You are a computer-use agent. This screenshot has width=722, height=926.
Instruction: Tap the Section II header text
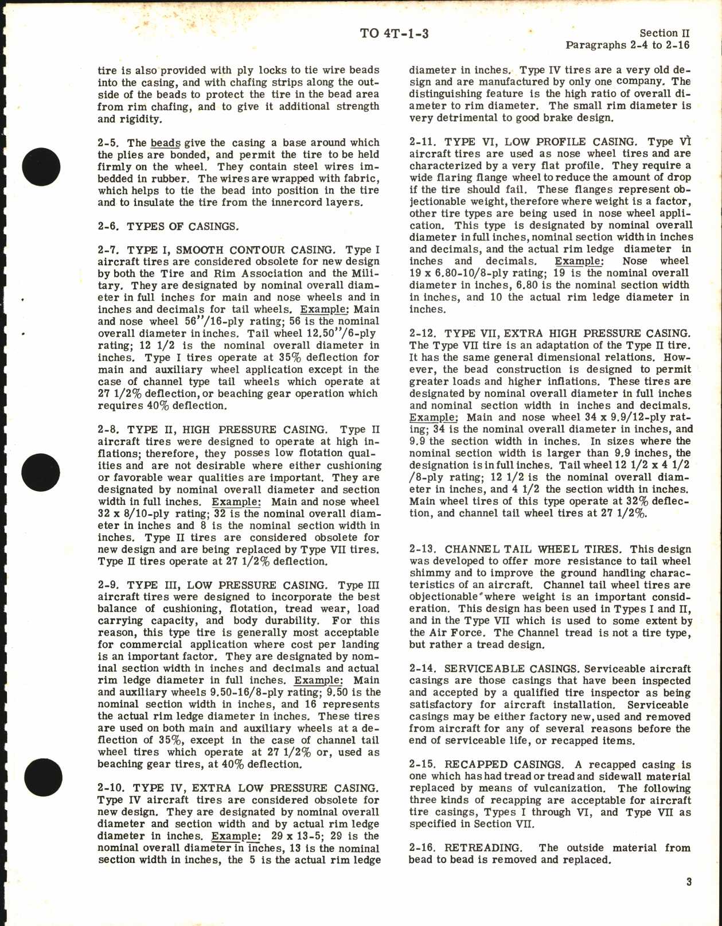(665, 33)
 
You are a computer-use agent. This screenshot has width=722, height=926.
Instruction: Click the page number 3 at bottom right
(688, 882)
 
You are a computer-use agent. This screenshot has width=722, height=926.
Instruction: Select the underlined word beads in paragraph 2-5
(166, 143)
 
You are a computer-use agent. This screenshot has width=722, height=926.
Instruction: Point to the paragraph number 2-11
(422, 142)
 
